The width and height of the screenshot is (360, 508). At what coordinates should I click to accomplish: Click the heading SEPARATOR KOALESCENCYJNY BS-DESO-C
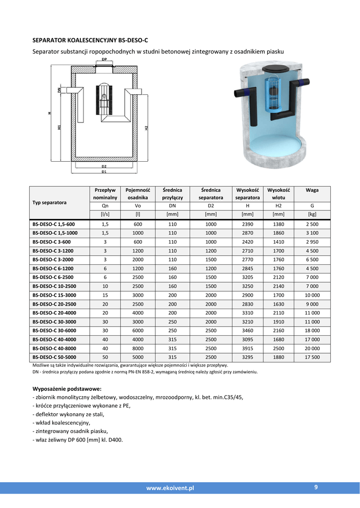pos(90,40)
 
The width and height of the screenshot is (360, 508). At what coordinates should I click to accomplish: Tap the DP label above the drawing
pos(104,59)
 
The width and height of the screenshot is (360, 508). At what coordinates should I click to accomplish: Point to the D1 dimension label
pos(104,172)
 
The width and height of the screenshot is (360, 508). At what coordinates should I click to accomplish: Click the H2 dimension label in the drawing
pos(146,127)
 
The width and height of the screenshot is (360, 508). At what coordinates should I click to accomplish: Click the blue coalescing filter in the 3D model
pos(273,93)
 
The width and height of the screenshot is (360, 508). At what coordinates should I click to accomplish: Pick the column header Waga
pos(312,190)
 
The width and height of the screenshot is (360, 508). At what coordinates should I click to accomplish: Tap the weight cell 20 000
pos(312,348)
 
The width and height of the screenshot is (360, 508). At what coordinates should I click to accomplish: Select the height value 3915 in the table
pos(247,348)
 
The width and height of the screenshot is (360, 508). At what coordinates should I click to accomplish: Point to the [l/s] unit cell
pos(105,214)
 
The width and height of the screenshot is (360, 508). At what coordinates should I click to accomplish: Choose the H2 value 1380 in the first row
pos(279,224)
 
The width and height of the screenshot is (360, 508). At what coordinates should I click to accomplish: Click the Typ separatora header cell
pos(50,202)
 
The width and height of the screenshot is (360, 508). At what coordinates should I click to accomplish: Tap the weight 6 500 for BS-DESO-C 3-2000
pos(312,259)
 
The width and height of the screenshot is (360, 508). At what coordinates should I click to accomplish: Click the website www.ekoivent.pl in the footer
pos(170,488)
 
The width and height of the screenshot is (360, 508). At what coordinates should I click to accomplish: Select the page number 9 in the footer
pos(316,487)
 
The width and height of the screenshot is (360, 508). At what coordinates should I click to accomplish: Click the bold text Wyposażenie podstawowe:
pos(67,388)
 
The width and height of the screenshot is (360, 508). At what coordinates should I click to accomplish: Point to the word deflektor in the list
pos(47,414)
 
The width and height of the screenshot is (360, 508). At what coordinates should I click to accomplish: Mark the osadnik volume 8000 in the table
pos(138,348)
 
